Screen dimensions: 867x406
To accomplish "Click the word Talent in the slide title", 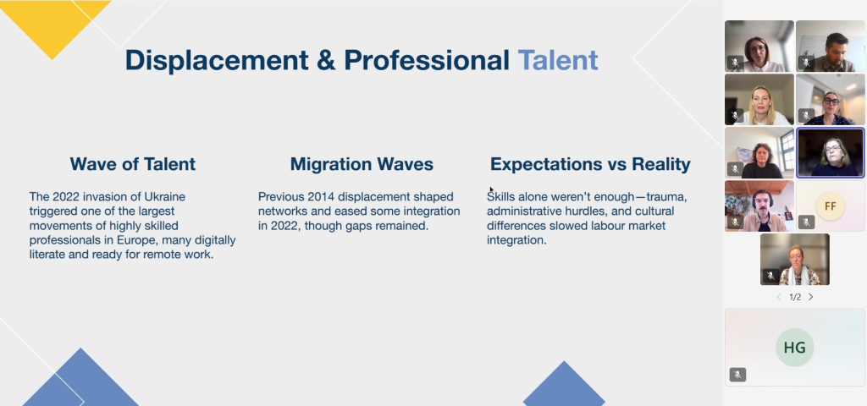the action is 558,60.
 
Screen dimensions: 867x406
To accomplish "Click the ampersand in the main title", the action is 326,60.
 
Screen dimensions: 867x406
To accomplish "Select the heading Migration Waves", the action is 362,164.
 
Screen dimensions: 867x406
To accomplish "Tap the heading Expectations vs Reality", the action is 590,164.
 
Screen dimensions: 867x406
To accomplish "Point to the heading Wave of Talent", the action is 133,164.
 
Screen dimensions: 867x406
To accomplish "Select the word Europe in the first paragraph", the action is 135,240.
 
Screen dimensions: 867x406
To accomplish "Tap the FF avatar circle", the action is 830,206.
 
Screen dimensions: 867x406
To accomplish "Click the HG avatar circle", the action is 794,348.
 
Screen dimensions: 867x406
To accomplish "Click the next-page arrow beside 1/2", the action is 810,297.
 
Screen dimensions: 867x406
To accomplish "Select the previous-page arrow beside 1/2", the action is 779,297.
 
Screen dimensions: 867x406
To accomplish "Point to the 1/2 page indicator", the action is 795,297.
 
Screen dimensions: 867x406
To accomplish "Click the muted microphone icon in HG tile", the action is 737,375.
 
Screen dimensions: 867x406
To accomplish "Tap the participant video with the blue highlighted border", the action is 830,153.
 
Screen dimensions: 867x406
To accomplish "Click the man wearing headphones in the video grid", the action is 759,206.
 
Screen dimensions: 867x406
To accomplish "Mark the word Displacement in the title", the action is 217,60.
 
